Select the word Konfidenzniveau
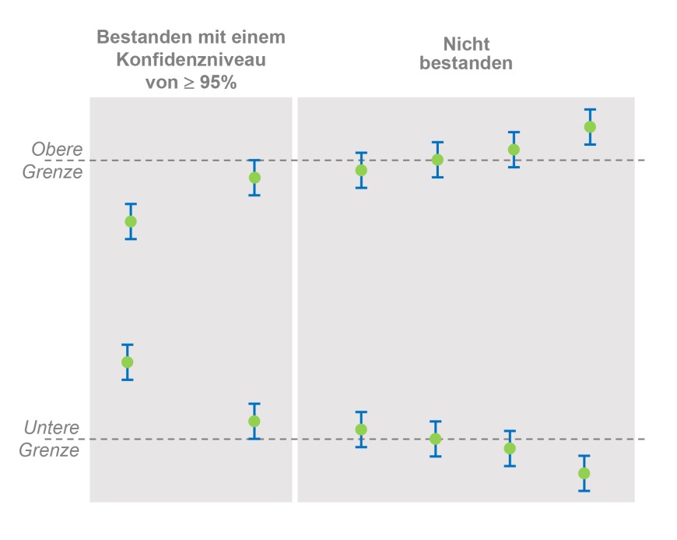191,59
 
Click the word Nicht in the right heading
466,44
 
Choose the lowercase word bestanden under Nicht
466,64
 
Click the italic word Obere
57,149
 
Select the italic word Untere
52,428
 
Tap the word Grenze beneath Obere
52,171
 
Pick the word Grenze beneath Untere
49,450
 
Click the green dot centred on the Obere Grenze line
437,160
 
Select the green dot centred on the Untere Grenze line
436,439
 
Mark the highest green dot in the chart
590,127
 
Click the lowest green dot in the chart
584,473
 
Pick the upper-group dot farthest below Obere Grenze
131,221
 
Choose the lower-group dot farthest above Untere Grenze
128,362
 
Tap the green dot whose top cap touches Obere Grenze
254,178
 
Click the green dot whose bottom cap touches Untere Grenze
254,422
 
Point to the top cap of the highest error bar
590,110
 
